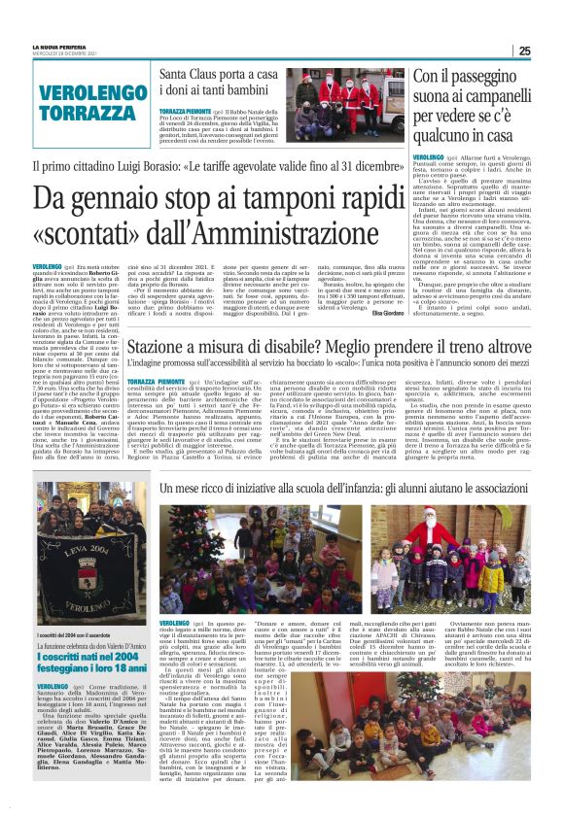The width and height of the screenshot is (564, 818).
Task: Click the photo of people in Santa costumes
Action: coord(347,102)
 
